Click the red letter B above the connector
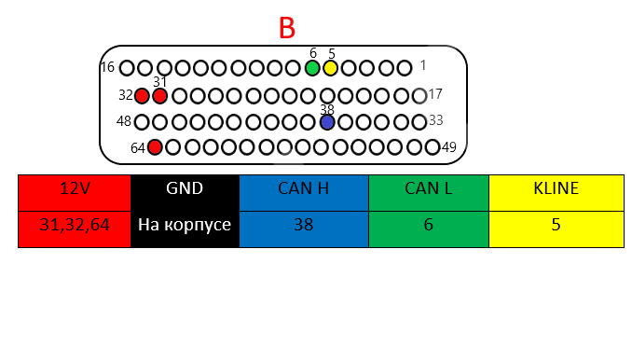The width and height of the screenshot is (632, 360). tap(287, 28)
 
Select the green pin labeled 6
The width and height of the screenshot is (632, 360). tap(312, 68)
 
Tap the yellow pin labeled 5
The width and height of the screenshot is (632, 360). tap(331, 68)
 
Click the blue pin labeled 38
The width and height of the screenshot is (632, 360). tap(327, 122)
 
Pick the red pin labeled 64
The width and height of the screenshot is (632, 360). tap(155, 147)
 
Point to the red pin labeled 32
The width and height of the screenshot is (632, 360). tap(142, 96)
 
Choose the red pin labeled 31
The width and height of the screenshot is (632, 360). tap(159, 96)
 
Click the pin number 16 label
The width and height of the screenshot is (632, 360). tap(107, 67)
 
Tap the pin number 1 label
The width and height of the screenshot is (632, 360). tap(423, 65)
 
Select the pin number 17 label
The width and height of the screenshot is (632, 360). tap(435, 94)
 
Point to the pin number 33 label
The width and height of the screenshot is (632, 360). tap(435, 119)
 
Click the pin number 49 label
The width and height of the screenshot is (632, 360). tap(449, 147)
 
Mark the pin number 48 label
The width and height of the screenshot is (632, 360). tap(124, 121)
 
